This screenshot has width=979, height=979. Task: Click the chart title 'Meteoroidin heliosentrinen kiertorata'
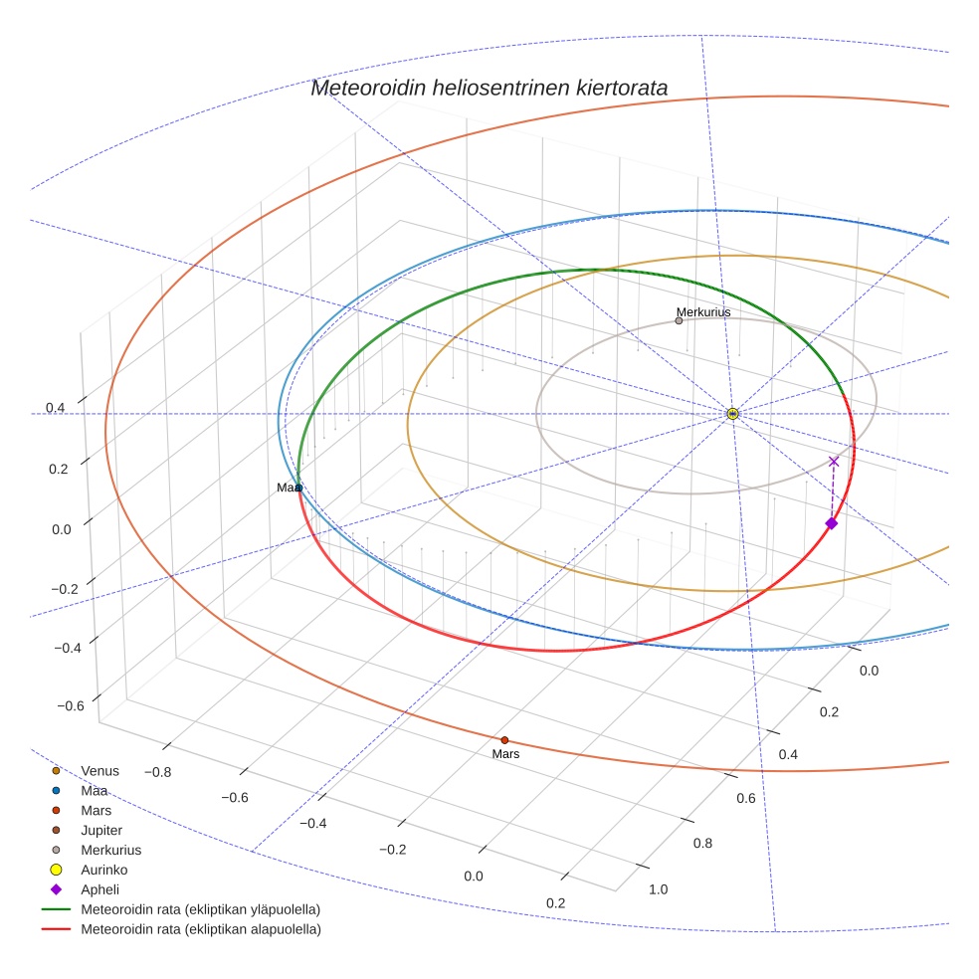point(489,88)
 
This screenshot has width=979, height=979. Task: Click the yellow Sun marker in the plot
point(732,413)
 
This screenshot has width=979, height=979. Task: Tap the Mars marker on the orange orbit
point(504,740)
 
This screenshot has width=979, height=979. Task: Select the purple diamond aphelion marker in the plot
point(832,523)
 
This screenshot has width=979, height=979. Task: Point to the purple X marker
point(834,461)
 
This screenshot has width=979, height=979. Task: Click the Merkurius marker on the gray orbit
point(679,320)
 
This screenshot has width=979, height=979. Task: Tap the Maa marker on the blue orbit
point(298,488)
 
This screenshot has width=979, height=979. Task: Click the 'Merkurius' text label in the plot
point(703,311)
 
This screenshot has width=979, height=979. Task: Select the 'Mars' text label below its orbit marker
point(505,754)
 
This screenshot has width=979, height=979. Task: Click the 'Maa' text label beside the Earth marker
point(287,488)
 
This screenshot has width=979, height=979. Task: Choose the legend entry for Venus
point(99,770)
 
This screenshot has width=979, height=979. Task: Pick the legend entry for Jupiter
point(101,830)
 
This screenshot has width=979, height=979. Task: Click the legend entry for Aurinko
point(103,870)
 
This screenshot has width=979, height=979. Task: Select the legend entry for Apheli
point(99,889)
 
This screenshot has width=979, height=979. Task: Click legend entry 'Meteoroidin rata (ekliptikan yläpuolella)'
point(205,909)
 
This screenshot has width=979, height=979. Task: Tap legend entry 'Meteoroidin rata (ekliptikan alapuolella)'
point(205,929)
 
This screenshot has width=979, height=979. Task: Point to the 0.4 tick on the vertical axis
point(55,408)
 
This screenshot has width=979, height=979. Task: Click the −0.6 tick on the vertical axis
point(70,706)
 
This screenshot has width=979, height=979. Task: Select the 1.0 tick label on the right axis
point(659,888)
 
